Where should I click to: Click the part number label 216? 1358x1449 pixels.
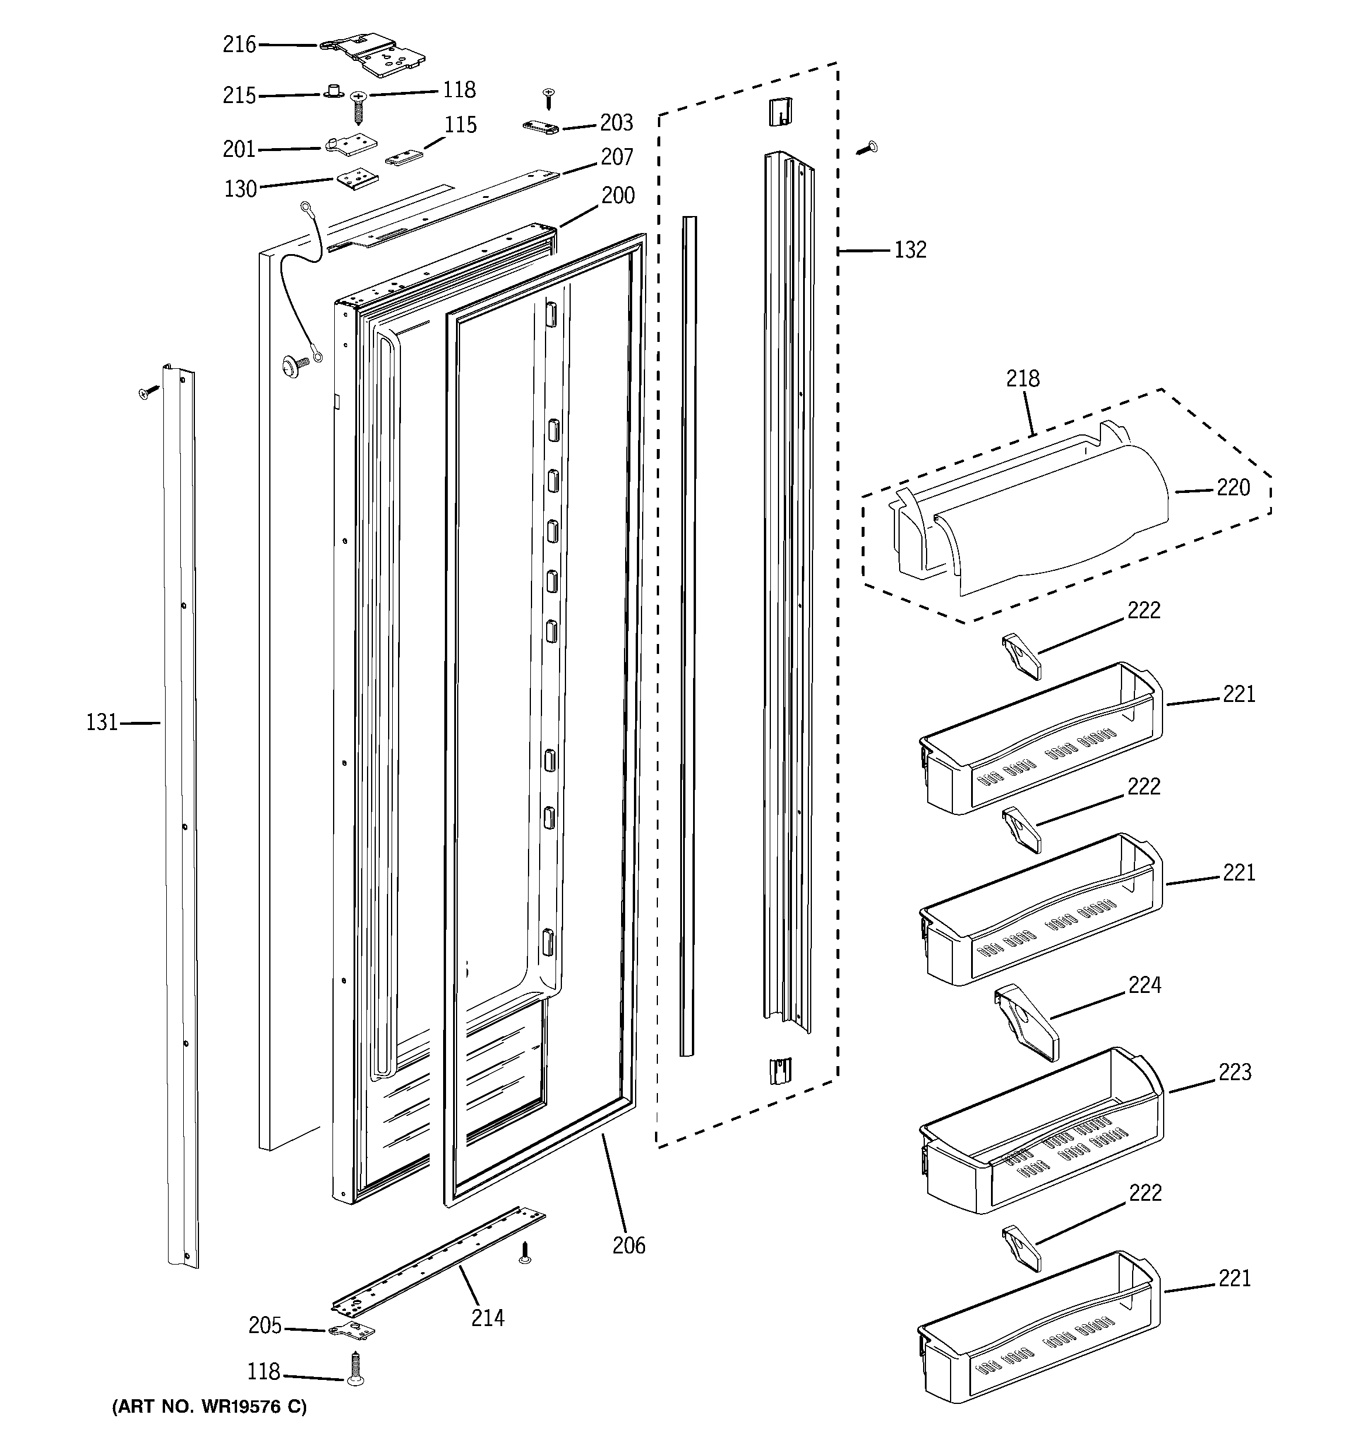239,44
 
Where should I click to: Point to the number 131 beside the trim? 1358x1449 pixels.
101,722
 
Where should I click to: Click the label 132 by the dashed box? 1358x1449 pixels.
910,249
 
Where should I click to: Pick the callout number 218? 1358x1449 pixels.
1022,378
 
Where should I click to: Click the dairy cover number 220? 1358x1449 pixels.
1233,487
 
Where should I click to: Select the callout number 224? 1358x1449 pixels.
1144,985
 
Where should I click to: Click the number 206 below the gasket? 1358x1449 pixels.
628,1245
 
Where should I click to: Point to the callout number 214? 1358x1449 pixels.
487,1318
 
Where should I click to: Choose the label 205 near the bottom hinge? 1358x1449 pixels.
265,1325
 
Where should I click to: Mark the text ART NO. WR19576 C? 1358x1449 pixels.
209,1407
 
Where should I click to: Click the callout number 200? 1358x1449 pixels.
618,196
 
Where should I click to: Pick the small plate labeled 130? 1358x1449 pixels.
356,180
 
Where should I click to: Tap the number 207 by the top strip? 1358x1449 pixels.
617,157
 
